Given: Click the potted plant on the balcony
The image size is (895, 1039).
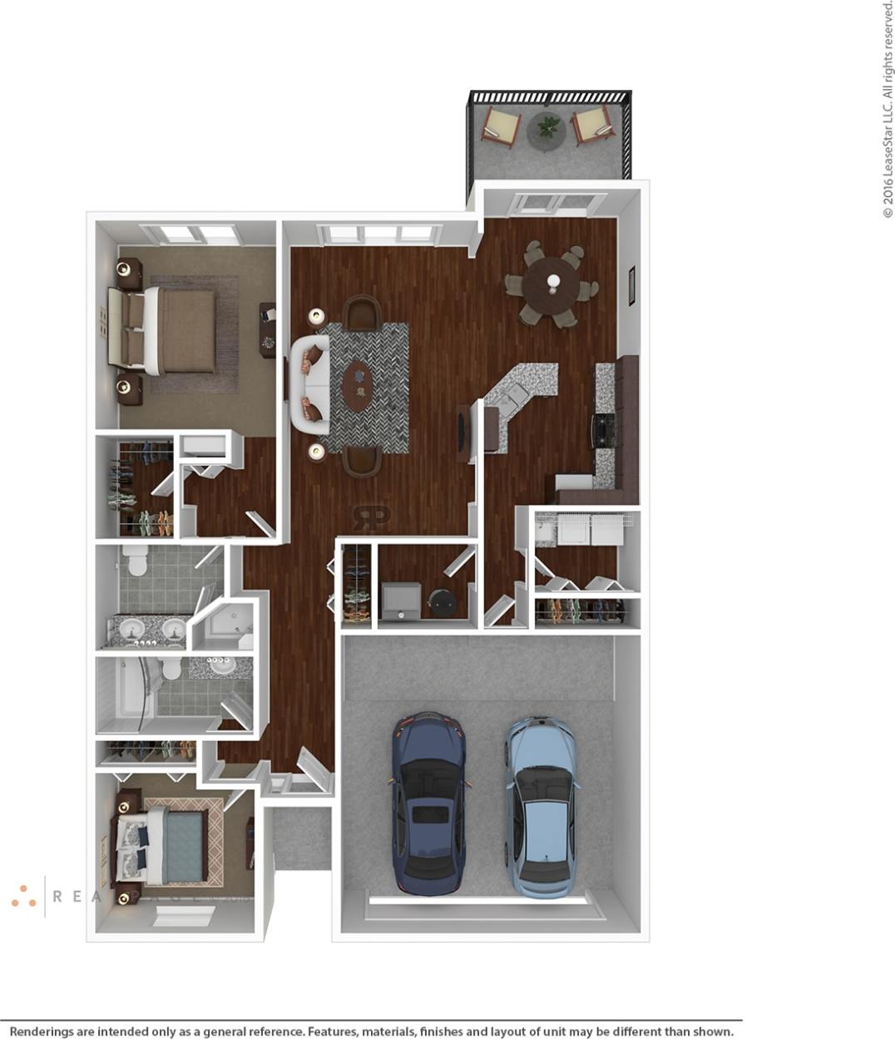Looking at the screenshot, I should coord(548,128).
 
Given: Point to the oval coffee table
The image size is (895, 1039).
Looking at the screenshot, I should coord(358,385).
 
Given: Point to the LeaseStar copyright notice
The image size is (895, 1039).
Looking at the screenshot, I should coord(888,108).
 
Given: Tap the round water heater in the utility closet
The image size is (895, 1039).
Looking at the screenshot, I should coord(440,602).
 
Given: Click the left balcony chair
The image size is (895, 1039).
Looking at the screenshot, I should coord(501,126).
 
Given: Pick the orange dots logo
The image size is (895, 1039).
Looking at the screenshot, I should coord(23,895).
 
